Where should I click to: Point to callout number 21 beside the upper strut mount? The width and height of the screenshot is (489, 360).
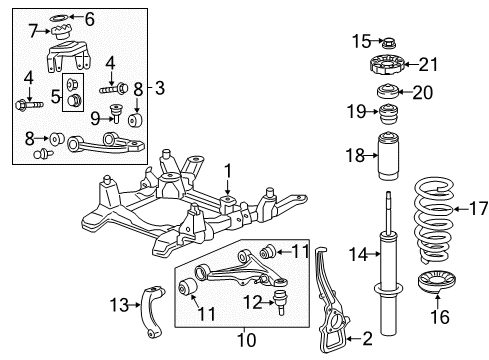click(429, 66)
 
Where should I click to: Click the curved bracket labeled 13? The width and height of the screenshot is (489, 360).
click(153, 305)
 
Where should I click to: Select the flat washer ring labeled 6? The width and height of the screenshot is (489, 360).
click(58, 17)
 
